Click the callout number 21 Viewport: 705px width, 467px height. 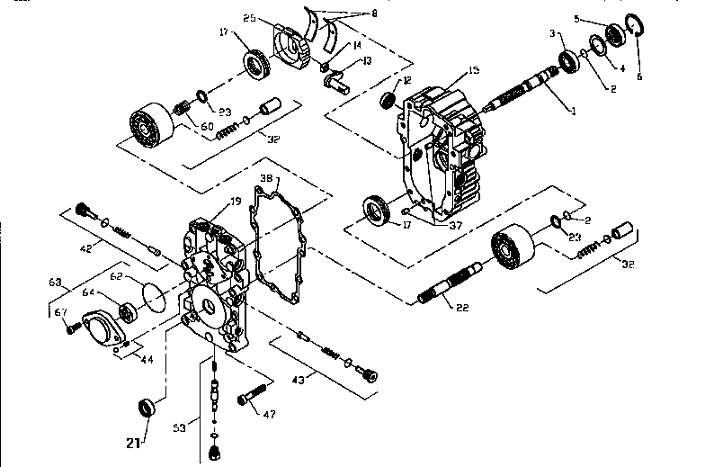pyautogui.click(x=132, y=442)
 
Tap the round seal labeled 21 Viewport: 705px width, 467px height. pyautogui.click(x=147, y=409)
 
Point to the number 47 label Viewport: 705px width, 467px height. pyautogui.click(x=269, y=414)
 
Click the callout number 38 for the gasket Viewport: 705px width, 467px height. pyautogui.click(x=265, y=178)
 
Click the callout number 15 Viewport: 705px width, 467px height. pyautogui.click(x=474, y=71)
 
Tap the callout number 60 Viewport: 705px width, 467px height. pyautogui.click(x=207, y=126)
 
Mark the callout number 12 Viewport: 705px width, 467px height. pyautogui.click(x=407, y=81)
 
